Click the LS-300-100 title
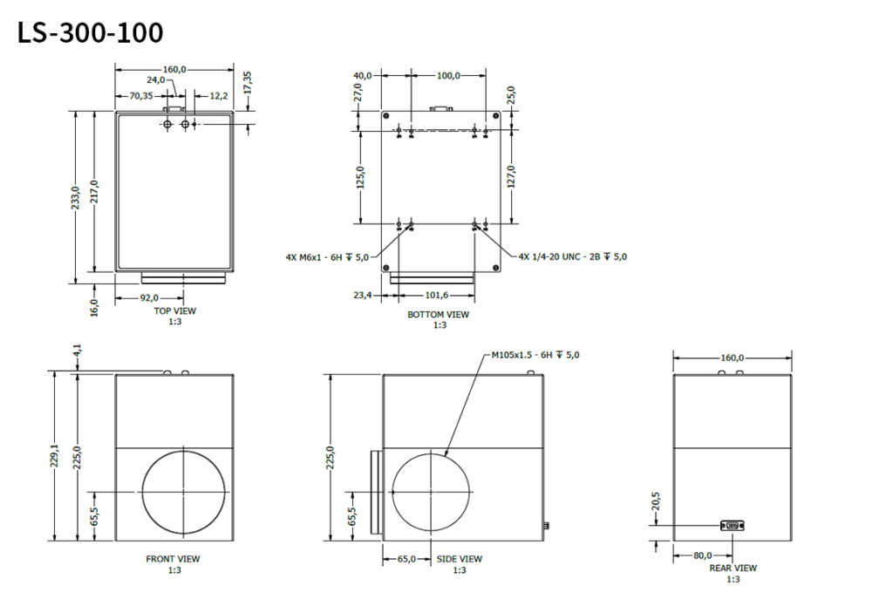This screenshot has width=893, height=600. coord(90,33)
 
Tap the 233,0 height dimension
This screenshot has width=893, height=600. coord(76,197)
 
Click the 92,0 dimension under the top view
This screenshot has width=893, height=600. coord(153,297)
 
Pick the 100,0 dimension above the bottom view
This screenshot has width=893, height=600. coord(448,76)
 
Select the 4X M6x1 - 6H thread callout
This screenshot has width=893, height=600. coord(327,257)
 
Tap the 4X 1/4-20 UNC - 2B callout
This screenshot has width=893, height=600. coord(572,257)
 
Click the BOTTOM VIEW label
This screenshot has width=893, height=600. coord(438,315)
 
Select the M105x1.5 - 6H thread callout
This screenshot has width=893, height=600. coord(535,355)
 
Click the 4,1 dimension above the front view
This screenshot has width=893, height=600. coord(78,351)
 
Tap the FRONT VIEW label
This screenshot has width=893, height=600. coord(173,559)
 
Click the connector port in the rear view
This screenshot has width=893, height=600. coord(731,524)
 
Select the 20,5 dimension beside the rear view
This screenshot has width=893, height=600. coord(657,500)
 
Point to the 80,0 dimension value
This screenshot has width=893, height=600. coord(703,555)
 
